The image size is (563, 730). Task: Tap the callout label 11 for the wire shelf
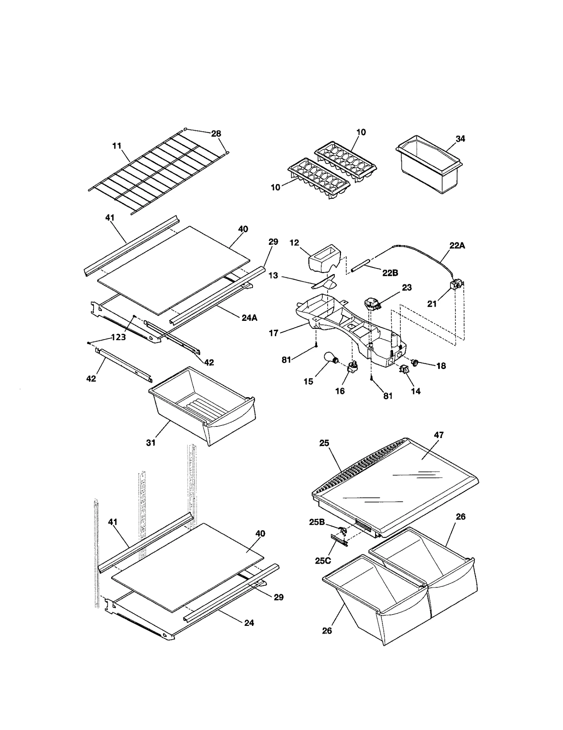coord(117,146)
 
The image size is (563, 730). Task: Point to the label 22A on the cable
coord(457,246)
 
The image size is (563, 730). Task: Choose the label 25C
coord(323,560)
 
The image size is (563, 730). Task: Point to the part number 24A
coord(249,318)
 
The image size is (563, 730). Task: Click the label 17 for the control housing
coord(273,333)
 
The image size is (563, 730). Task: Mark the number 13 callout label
coord(273,275)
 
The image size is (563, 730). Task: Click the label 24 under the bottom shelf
coord(249,623)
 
